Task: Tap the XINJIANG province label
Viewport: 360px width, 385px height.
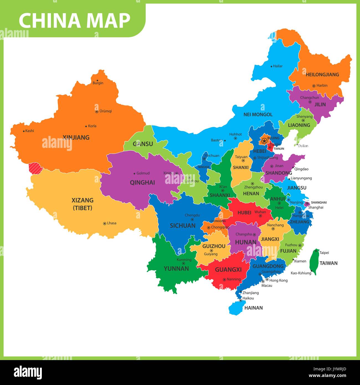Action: [76, 137]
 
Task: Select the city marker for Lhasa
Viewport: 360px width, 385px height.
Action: [105, 223]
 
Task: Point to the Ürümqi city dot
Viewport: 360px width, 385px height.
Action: [97, 112]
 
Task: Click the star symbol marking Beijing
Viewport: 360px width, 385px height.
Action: [264, 141]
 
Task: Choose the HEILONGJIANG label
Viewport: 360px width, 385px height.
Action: [322, 75]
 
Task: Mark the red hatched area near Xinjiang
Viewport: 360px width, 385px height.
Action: [35, 168]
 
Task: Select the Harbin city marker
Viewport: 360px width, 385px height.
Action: [314, 86]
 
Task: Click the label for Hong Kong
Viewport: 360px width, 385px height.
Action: [278, 280]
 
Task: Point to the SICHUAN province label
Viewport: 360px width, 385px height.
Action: [182, 226]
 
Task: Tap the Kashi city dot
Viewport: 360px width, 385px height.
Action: [24, 131]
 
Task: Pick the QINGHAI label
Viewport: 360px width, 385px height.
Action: [142, 183]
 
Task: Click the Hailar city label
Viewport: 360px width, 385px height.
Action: [277, 66]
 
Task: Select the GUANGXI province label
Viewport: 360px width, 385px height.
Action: [228, 269]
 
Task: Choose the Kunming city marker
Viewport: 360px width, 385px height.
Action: [183, 263]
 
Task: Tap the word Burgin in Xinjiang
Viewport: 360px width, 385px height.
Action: [98, 83]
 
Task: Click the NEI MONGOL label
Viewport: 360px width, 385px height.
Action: [258, 114]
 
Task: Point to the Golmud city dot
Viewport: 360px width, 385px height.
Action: [135, 173]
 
